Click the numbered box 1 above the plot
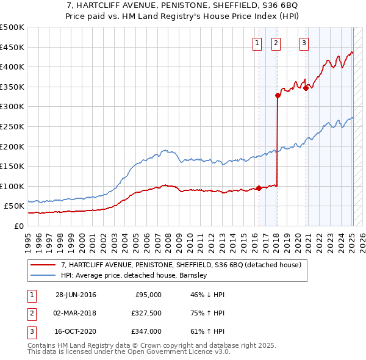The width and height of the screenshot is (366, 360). click(257, 43)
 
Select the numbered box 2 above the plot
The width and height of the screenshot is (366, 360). click(276, 43)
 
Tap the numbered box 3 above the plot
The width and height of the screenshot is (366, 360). click(304, 43)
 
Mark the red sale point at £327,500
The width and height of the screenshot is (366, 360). click(278, 95)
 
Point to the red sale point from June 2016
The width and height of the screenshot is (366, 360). click(259, 188)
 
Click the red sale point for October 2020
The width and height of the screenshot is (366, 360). click(306, 88)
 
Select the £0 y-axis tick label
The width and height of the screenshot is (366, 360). click(18, 226)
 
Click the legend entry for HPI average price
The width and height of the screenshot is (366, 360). click(134, 275)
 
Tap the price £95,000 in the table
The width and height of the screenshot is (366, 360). click(148, 295)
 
